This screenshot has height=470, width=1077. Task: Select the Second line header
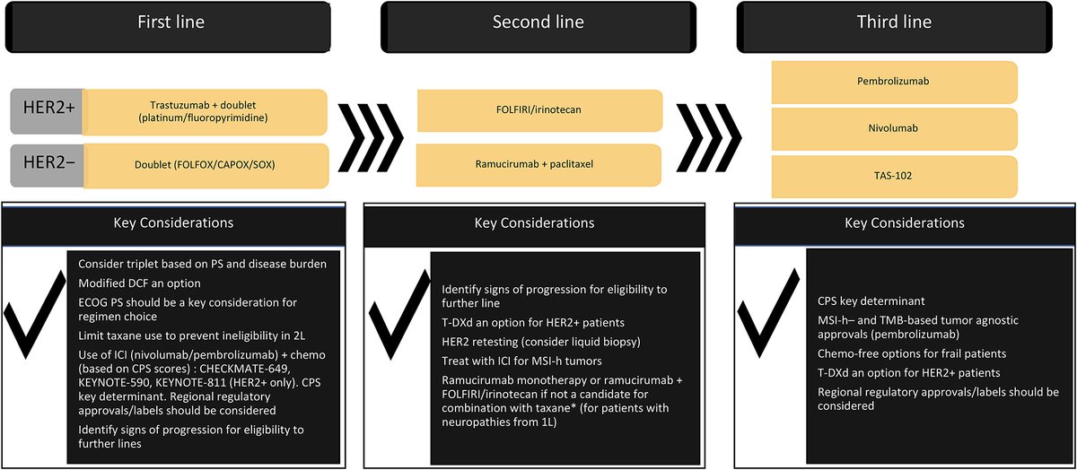(x=538, y=22)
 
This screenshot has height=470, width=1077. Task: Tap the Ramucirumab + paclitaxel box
(x=539, y=166)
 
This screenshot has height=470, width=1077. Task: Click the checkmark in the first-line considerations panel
(x=33, y=322)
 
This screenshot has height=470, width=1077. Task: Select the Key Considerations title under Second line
(x=535, y=222)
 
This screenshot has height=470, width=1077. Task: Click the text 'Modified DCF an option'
(x=138, y=283)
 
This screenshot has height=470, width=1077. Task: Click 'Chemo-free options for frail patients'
(x=912, y=353)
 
